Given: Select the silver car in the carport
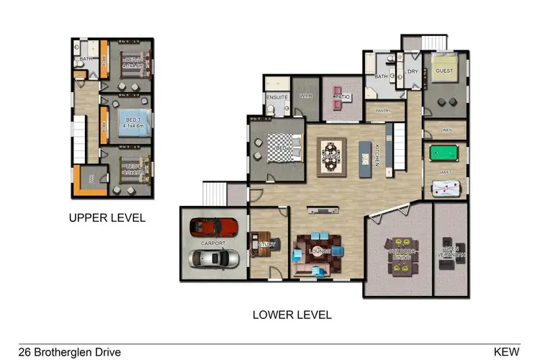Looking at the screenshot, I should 212,260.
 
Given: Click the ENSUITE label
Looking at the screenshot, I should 277,96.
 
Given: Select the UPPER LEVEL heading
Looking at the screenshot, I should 107,217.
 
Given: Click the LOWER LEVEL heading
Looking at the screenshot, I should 292,315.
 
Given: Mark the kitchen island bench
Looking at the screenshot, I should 362,154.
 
